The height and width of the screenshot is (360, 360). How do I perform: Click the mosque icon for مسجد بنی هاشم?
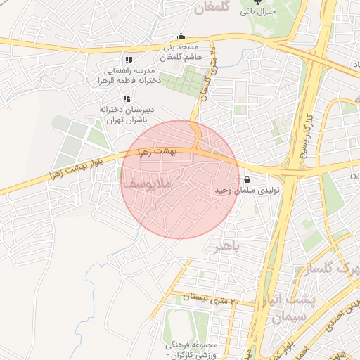[181, 37]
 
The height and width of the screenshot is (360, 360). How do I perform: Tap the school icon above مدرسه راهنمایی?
[128, 60]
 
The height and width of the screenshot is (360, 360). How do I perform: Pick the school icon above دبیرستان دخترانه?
[127, 99]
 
